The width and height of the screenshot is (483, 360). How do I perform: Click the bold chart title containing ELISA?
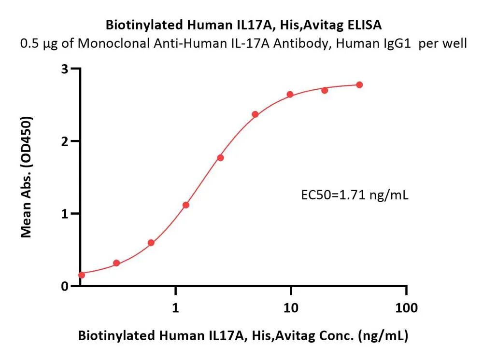click(243, 25)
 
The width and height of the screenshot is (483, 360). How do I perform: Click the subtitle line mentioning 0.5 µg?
click(243, 43)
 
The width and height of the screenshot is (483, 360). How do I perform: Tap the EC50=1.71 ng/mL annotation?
click(355, 195)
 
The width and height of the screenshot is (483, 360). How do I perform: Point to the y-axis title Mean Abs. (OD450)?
click(27, 177)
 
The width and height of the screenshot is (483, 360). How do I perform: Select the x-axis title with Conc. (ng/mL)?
click(243, 335)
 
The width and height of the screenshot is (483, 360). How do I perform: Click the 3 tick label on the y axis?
click(64, 69)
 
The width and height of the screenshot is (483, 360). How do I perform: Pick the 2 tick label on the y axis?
click(64, 141)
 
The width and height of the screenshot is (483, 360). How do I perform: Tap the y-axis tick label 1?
click(64, 214)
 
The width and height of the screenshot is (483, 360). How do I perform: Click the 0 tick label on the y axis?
click(64, 287)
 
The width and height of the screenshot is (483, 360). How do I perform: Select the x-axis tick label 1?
click(175, 307)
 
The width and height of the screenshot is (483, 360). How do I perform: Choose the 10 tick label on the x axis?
click(291, 307)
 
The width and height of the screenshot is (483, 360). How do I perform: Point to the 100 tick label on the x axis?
click(406, 307)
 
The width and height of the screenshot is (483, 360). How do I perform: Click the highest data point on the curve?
click(359, 84)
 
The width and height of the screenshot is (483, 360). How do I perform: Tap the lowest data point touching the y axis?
click(82, 275)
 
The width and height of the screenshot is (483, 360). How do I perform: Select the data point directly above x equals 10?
click(290, 94)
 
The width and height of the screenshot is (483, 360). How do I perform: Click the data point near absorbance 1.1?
click(186, 205)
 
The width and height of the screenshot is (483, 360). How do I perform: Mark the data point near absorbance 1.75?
click(221, 157)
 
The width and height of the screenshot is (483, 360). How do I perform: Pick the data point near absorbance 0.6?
click(151, 243)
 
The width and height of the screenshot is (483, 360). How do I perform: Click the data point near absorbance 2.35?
click(255, 114)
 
